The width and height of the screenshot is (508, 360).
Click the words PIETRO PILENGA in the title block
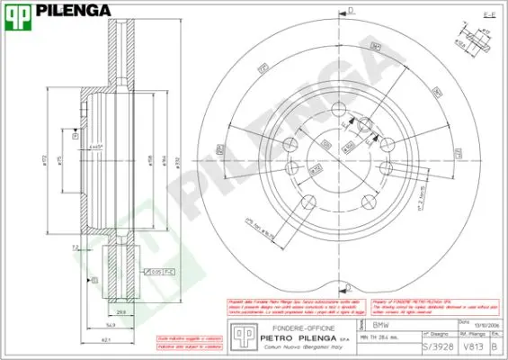coord(292,339)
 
